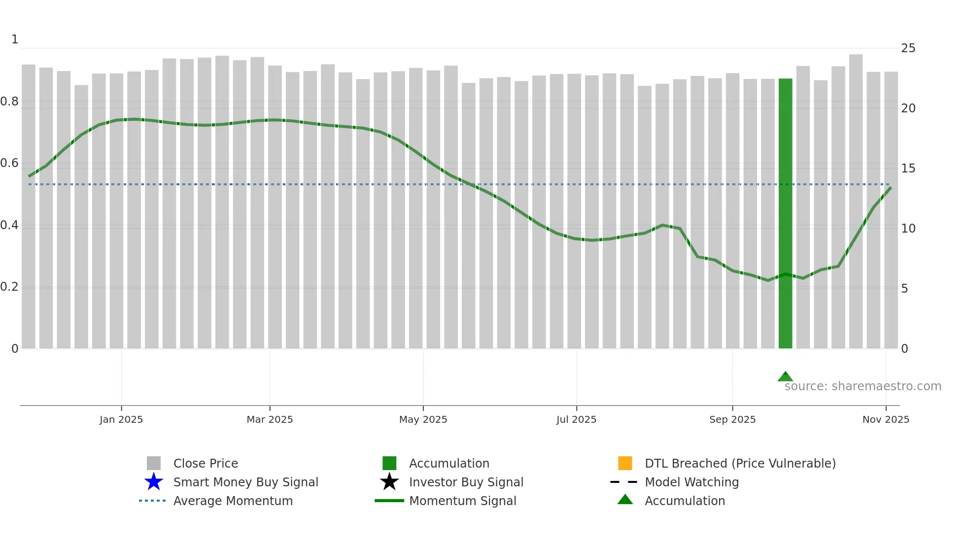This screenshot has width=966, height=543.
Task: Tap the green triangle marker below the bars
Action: pyautogui.click(x=785, y=377)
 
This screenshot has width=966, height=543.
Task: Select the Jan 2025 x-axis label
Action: pyautogui.click(x=121, y=419)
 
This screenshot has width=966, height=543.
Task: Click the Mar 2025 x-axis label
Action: pyautogui.click(x=270, y=419)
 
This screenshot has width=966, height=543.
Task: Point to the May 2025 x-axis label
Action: pyautogui.click(x=423, y=419)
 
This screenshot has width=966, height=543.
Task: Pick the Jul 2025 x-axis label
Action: pyautogui.click(x=576, y=419)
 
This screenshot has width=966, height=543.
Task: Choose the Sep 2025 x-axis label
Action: pyautogui.click(x=732, y=419)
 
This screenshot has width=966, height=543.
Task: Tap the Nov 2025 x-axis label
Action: pyautogui.click(x=885, y=419)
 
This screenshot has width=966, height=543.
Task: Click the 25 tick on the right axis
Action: pyautogui.click(x=908, y=48)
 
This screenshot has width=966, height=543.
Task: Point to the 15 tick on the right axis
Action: pyautogui.click(x=908, y=169)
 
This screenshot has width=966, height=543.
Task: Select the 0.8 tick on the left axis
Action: pyautogui.click(x=9, y=102)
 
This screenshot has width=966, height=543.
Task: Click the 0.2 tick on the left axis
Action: pyautogui.click(x=9, y=287)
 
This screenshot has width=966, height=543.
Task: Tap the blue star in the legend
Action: pyautogui.click(x=154, y=482)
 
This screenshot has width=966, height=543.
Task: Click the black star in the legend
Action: pyautogui.click(x=389, y=482)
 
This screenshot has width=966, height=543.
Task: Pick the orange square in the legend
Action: pyautogui.click(x=625, y=463)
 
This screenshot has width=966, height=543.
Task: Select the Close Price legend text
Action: pyautogui.click(x=206, y=463)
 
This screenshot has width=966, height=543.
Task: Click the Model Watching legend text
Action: pyautogui.click(x=691, y=482)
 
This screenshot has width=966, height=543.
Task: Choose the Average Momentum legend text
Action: pyautogui.click(x=233, y=501)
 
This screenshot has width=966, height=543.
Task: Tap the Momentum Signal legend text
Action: pyautogui.click(x=462, y=501)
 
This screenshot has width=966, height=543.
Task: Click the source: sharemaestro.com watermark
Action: pyautogui.click(x=862, y=386)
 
